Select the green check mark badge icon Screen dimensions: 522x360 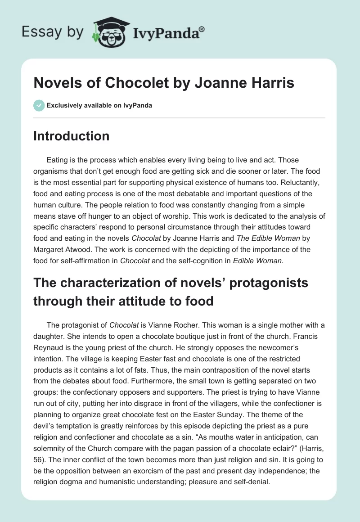tap(39, 106)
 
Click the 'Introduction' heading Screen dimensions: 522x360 tap(71, 136)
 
